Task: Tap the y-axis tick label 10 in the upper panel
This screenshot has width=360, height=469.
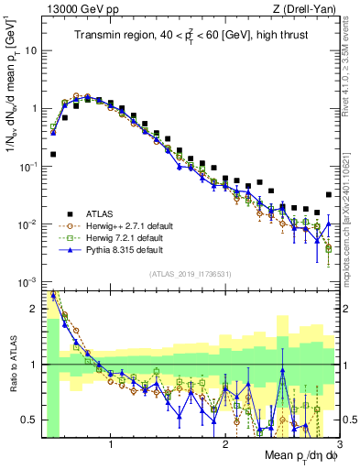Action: [x=31, y=50]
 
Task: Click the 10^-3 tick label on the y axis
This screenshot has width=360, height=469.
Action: [x=29, y=281]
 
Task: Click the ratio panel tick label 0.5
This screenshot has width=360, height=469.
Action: [x=31, y=420]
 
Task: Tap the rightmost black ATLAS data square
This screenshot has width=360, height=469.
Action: [x=329, y=194]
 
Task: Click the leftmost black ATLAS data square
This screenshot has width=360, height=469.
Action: [x=52, y=154]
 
